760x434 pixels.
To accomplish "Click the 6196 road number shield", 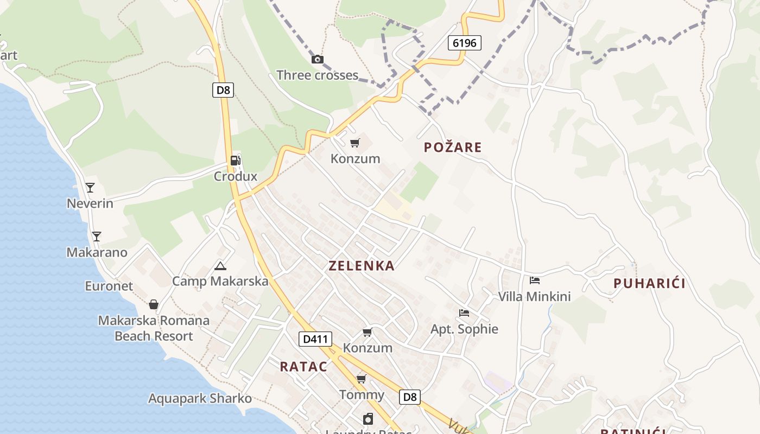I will pyautogui.click(x=465, y=42).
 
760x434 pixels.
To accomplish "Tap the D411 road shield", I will pyautogui.click(x=315, y=340).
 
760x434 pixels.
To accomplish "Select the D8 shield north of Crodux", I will pyautogui.click(x=223, y=90).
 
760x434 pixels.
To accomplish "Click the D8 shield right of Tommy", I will pyautogui.click(x=410, y=397).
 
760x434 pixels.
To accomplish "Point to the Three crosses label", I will pyautogui.click(x=317, y=75).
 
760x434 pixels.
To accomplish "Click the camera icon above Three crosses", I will pyautogui.click(x=318, y=59).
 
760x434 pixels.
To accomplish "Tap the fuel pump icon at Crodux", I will pyautogui.click(x=235, y=160).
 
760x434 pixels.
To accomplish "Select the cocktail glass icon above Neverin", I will pyautogui.click(x=90, y=188).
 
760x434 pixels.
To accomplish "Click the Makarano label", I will pyautogui.click(x=97, y=252).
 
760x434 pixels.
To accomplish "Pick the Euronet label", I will pyautogui.click(x=109, y=286).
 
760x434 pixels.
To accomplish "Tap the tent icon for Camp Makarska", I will pyautogui.click(x=220, y=266).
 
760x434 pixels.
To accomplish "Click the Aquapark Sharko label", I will pyautogui.click(x=200, y=399).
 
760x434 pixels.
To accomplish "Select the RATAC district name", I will pyautogui.click(x=303, y=367).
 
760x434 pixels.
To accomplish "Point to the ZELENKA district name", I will pyautogui.click(x=361, y=266).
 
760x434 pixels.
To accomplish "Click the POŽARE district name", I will pyautogui.click(x=453, y=147).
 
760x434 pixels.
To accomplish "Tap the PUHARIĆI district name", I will pyautogui.click(x=649, y=283).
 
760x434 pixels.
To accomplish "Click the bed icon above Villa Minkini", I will pyautogui.click(x=535, y=280).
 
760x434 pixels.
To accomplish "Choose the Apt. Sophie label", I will pyautogui.click(x=464, y=329).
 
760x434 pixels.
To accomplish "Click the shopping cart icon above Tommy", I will pyautogui.click(x=361, y=379).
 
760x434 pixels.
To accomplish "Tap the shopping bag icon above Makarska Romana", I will pyautogui.click(x=154, y=304).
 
